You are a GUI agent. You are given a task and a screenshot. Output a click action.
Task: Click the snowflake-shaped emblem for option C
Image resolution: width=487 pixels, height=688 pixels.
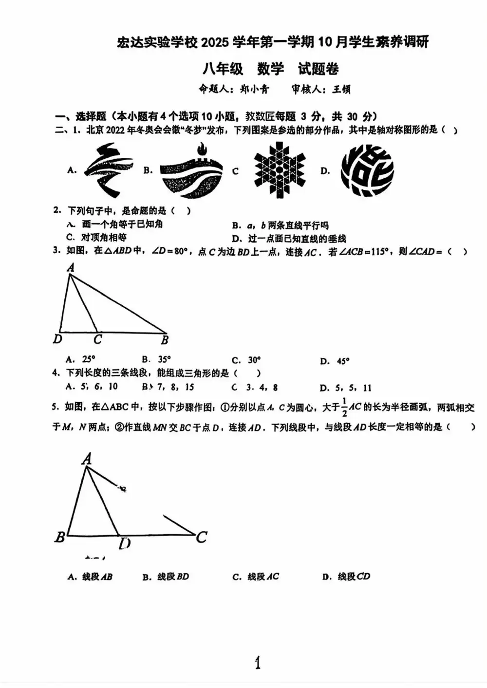(280, 170)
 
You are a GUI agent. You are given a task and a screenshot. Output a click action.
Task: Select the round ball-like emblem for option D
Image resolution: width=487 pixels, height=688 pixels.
(367, 170)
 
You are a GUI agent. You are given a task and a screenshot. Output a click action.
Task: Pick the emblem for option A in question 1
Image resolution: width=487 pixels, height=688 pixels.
(108, 170)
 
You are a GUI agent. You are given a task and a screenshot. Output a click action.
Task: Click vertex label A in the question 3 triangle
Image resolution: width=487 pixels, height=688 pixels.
(71, 267)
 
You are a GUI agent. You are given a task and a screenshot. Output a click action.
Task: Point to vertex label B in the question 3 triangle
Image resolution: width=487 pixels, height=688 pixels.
(165, 340)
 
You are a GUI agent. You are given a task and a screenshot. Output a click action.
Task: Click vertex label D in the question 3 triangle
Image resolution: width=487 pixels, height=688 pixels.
(57, 339)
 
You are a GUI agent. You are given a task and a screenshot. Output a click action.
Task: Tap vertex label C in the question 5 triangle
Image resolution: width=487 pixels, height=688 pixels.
(202, 537)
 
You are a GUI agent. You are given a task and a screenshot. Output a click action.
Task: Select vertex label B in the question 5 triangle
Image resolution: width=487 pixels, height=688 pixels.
(59, 537)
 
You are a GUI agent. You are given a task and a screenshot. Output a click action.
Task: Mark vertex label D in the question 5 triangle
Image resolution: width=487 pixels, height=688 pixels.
(125, 543)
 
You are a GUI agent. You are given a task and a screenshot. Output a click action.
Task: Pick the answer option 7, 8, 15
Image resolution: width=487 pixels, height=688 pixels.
(172, 387)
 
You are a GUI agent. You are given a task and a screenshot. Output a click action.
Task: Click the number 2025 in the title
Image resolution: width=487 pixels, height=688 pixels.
(214, 43)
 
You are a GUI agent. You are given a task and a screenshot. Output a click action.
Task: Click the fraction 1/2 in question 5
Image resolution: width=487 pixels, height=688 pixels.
(344, 408)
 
